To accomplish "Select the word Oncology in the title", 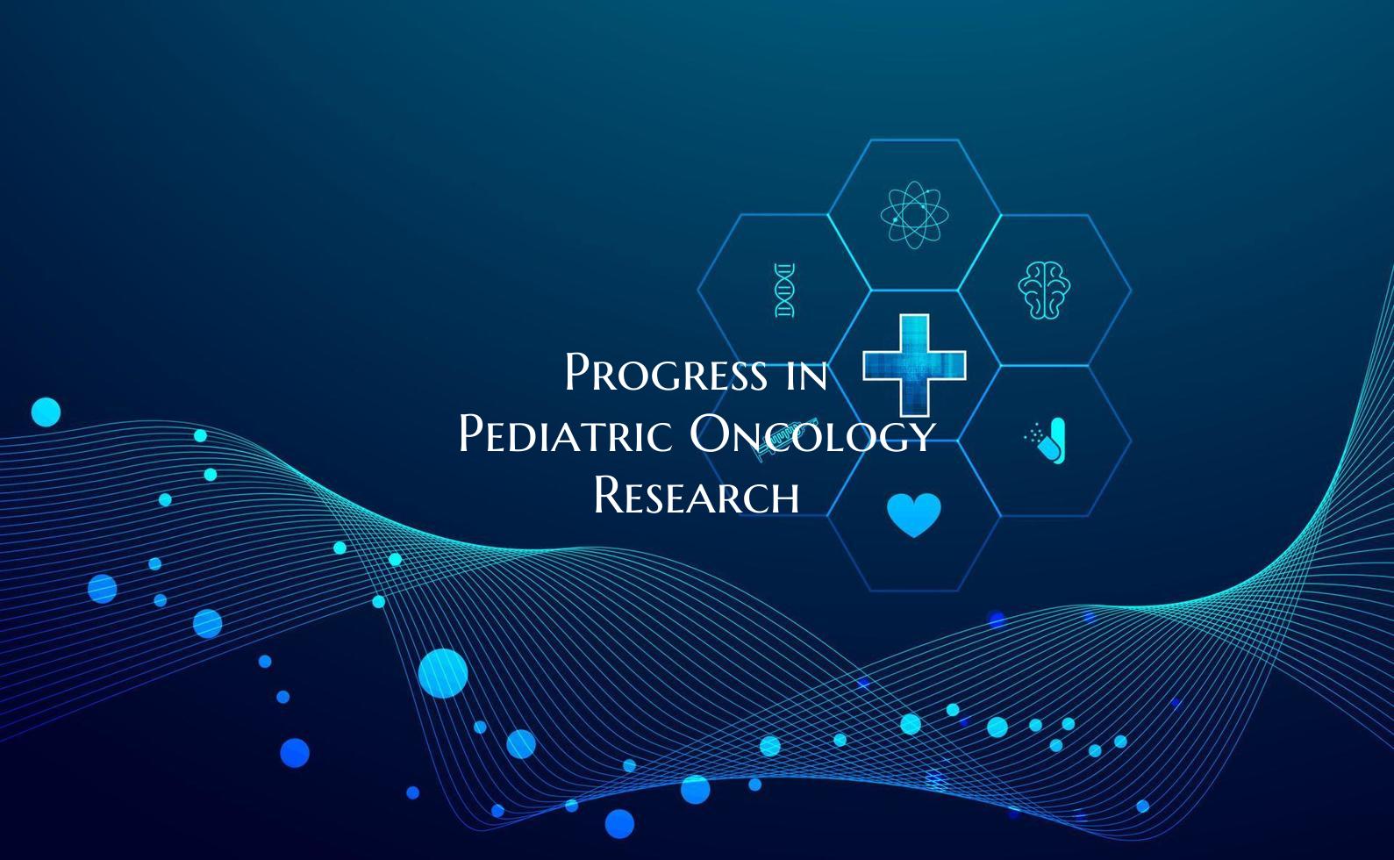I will click(811, 434).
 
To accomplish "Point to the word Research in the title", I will click(697, 496).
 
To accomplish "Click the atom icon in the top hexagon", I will click(914, 214).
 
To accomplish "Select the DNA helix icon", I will click(785, 290).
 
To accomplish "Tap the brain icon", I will click(1044, 290).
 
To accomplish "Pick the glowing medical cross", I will click(914, 364).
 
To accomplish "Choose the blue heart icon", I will click(914, 514).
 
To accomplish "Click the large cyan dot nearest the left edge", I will click(46, 412).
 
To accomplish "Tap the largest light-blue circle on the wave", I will click(443, 673).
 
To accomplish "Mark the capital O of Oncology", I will click(709, 434).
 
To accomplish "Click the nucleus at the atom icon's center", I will click(914, 214).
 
